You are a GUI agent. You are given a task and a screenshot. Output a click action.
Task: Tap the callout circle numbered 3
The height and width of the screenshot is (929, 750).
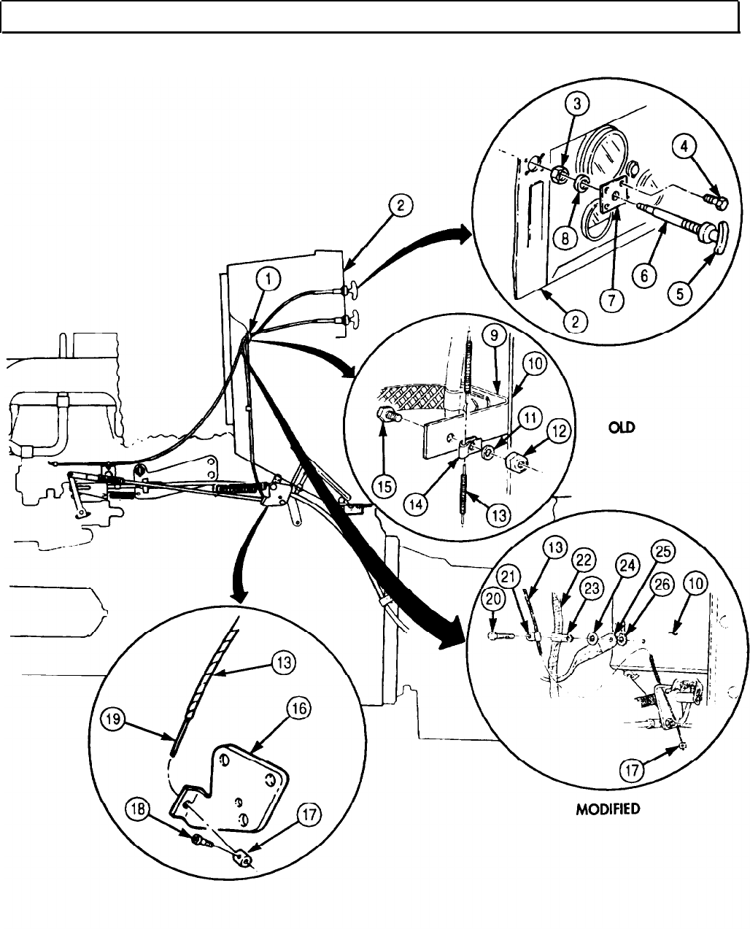point(577,104)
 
